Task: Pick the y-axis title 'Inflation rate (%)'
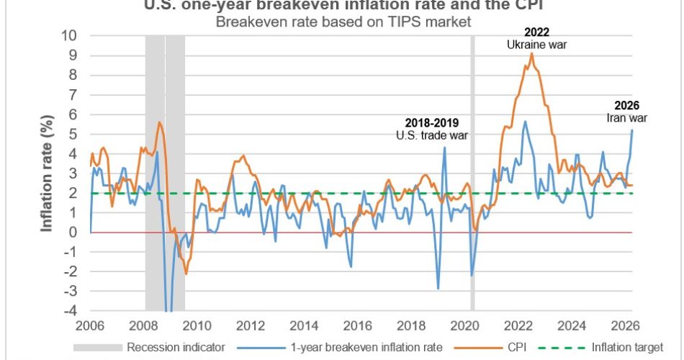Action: tap(48, 173)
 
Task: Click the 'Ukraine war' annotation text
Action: tap(536, 45)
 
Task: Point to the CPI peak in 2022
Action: tap(532, 53)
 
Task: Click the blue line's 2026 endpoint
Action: tap(632, 130)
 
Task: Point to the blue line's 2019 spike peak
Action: tap(444, 148)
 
